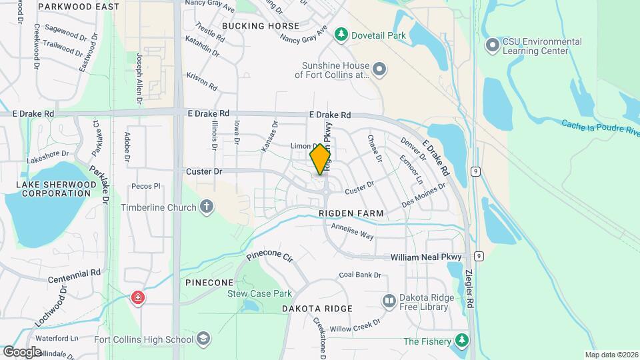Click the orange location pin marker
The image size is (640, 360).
pos(321,159)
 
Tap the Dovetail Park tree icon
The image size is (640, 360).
pos(341,33)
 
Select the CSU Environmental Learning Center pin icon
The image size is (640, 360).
pos(493,46)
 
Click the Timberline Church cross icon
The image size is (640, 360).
pos(207,207)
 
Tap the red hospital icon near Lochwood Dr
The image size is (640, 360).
pos(138,297)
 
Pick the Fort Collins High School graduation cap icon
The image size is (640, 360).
pos(201,340)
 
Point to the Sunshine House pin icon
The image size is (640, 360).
pos(379,69)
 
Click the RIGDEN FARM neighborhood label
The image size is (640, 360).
pos(351,213)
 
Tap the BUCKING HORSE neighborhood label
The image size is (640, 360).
pos(261,26)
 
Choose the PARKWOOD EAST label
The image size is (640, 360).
pos(88,7)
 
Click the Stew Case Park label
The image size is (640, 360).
pos(260,293)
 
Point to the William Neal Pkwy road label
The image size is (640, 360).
pos(426,257)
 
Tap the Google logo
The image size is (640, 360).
pos(23,351)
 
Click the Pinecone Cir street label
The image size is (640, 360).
pos(269,256)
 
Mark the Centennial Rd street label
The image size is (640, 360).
pos(74,273)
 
